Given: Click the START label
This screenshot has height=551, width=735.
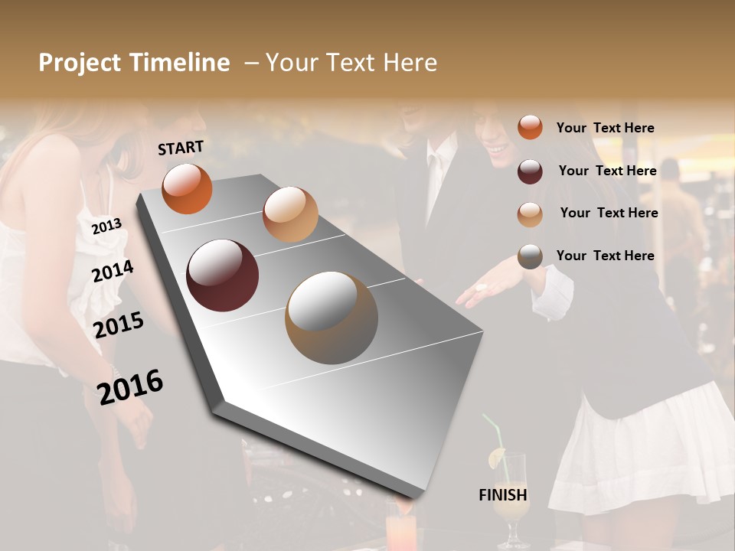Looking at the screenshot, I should coord(181,148).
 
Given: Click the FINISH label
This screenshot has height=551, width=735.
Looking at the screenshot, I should coord(503,495).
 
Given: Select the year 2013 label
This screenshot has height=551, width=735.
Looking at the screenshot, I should coord(106,227).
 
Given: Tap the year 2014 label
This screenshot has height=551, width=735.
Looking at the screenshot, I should coord(113,271).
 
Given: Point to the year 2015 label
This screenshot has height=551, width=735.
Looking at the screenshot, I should coord(119,325).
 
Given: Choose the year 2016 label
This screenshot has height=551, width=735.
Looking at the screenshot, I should coord(130,386).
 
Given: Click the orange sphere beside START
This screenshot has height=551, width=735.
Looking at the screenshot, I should coord(187,189).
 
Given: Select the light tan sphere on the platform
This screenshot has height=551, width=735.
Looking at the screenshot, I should coord(290,214).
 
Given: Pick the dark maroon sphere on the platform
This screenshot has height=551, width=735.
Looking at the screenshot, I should coord(223,275).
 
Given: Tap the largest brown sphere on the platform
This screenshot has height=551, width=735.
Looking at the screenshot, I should coord(332,318).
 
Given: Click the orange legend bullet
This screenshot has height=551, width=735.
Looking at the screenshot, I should coord(530,128).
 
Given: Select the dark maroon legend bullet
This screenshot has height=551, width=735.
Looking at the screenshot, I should coord(530,171).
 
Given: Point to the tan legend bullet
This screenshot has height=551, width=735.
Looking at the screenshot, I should coord(530,214).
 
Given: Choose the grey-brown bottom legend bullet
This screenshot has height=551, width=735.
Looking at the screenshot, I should coord(530,257).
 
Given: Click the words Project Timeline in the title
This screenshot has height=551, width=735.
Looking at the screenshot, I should coord(134,63).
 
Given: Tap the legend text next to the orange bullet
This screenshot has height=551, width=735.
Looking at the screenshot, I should coord(605,128).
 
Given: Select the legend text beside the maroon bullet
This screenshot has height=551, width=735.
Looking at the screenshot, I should coord(607,171).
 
